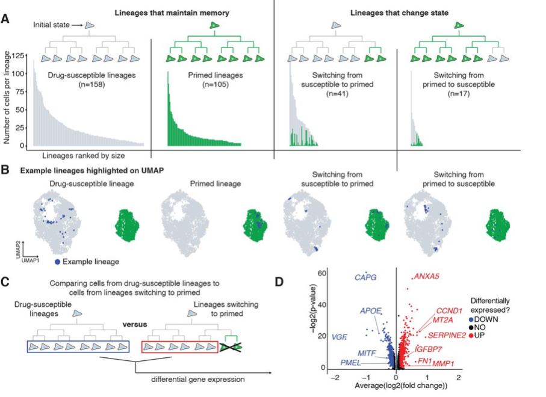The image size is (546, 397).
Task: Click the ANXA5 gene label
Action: point(426,277)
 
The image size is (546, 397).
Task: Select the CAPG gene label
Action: point(365,277)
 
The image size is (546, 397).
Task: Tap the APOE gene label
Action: point(370,310)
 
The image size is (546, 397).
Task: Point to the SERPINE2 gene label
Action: point(447,334)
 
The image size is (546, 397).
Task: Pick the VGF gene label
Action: point(339,337)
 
